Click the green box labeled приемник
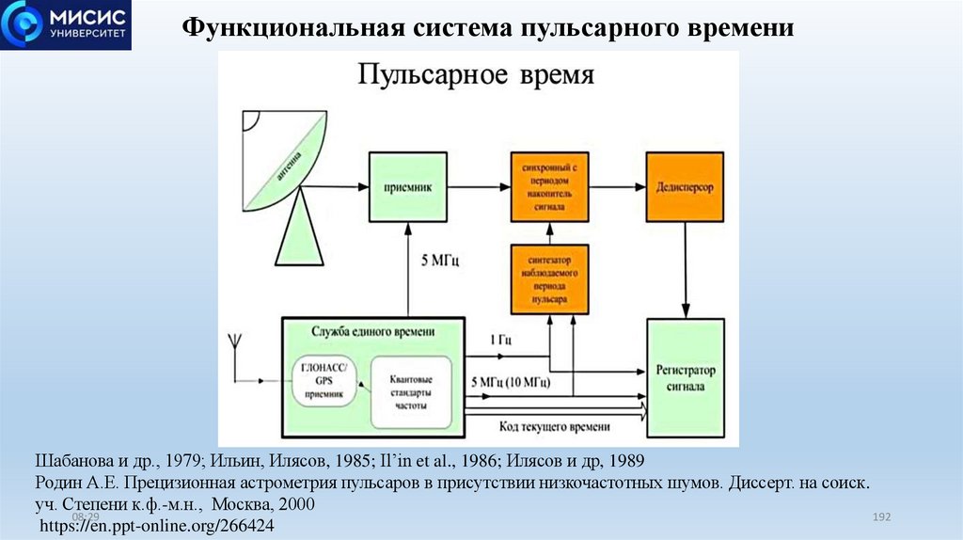pos(407,188)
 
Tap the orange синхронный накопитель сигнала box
pos(550,188)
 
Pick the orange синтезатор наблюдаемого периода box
pos(550,279)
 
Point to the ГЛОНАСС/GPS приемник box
pos(324,382)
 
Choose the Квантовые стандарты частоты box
pos(410,390)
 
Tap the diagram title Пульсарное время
pos(476,75)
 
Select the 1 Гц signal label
pos(500,340)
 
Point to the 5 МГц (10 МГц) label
pos(510,384)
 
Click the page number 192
pos(881,518)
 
